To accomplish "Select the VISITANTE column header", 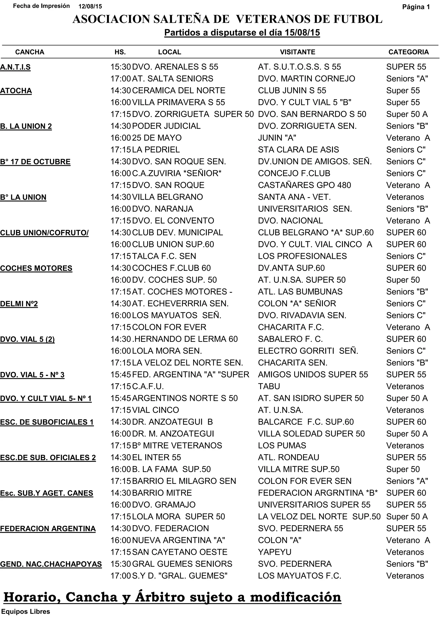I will pos(297,52).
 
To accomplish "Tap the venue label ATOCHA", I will pos(16,91).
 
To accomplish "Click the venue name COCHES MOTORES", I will pos(36,268).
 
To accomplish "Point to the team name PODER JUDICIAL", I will pos(166,126).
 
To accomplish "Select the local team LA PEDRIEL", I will pos(156,150).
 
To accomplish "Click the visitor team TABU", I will pos(269,387).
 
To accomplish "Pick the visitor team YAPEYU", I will pos(275,552).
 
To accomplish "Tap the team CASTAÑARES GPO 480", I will pos(304,185).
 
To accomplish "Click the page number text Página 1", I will pos(416,7).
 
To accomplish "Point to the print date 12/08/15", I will pos(90,7).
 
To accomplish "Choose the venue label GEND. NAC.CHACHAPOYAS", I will pos(51,564).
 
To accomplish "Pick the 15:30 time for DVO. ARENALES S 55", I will pos(121,67).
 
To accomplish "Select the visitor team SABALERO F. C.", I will pos(290,339).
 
